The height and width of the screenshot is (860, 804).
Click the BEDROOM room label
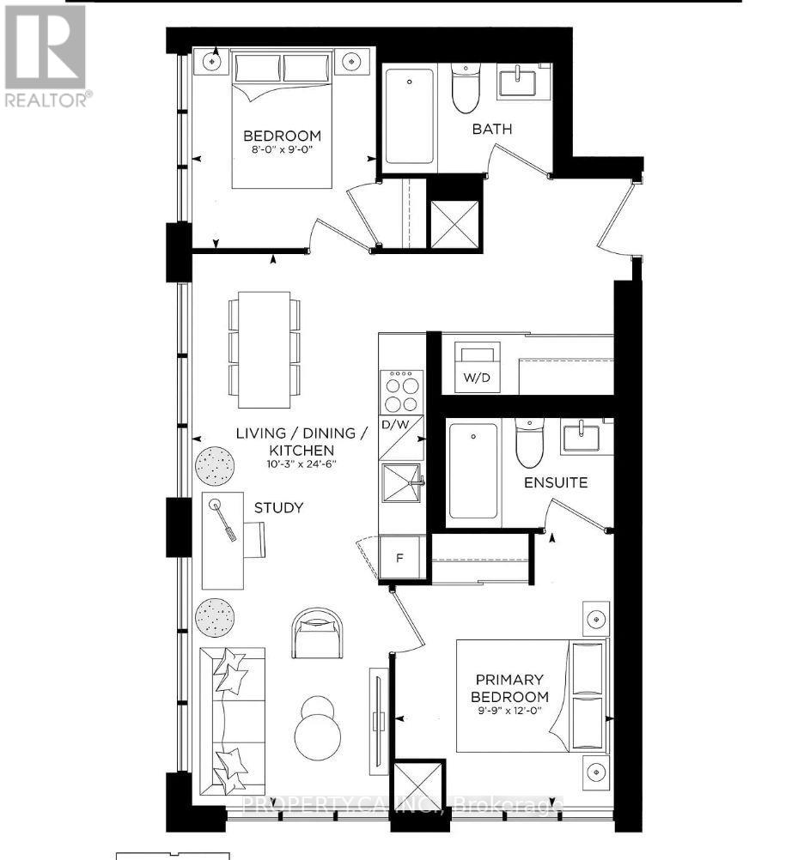[x=282, y=136]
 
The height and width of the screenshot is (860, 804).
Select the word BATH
[x=492, y=129]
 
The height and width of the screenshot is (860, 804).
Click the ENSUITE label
[x=556, y=482]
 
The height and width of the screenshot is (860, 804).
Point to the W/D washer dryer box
[x=478, y=367]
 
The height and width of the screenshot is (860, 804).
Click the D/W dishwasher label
[x=395, y=424]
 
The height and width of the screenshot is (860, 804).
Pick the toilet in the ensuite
[x=529, y=441]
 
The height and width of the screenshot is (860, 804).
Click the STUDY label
[x=278, y=508]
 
